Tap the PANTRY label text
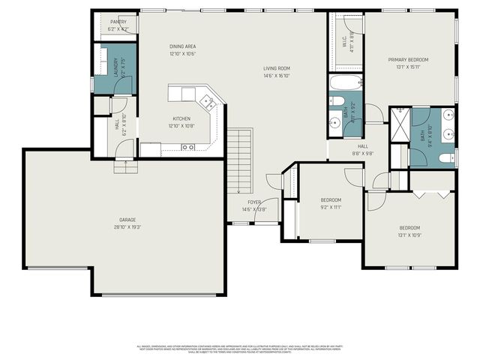pyautogui.click(x=118, y=22)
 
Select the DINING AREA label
pyautogui.click(x=182, y=46)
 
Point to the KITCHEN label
pyautogui.click(x=181, y=118)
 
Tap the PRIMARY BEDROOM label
pyautogui.click(x=409, y=59)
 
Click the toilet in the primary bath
pyautogui.click(x=444, y=158)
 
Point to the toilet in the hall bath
pyautogui.click(x=337, y=103)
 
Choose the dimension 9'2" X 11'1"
pyautogui.click(x=331, y=207)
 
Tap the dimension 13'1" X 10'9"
pyautogui.click(x=409, y=235)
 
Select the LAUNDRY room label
pyautogui.click(x=115, y=67)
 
